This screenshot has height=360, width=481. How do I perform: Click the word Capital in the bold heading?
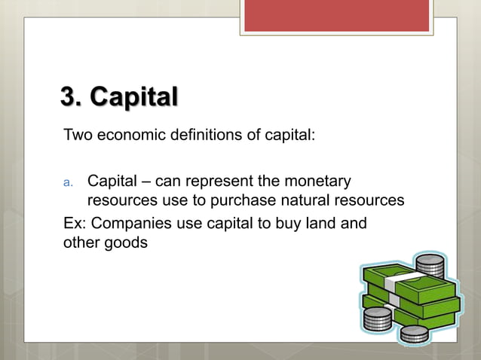[133, 98]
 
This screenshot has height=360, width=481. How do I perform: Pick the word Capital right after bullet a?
[112, 182]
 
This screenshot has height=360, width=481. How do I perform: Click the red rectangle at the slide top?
[336, 15]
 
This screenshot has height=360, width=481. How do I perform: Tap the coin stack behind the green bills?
[430, 267]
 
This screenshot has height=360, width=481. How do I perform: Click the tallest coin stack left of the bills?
[377, 316]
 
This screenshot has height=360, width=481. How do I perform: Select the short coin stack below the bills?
[414, 334]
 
